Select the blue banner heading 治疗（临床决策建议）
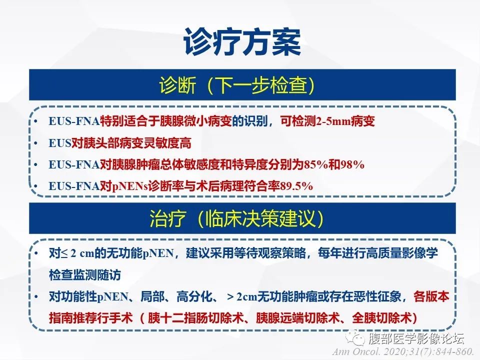[x=240, y=218]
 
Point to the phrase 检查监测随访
[x=84, y=275]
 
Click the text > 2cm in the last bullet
[x=241, y=296]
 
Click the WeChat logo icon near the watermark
[x=357, y=338]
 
